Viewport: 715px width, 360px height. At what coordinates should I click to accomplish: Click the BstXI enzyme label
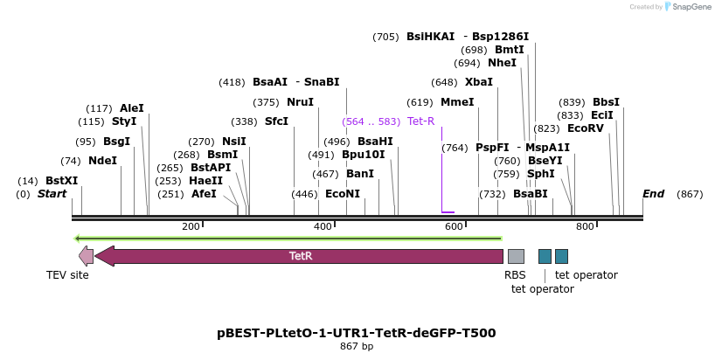coord(61,181)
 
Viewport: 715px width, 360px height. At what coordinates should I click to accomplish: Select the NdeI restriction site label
coord(102,161)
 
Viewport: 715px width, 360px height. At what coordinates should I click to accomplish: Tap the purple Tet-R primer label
coord(420,121)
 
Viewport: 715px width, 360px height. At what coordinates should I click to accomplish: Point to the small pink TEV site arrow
coord(86,256)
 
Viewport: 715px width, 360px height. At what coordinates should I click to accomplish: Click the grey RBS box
coord(516,256)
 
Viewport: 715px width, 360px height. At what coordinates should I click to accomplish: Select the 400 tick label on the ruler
coord(323,227)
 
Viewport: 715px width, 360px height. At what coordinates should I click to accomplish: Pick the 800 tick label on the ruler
coord(585,227)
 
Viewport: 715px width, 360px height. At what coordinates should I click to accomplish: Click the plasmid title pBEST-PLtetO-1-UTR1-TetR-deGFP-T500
coord(357,333)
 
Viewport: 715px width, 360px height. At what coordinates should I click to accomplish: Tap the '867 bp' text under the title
coord(357,347)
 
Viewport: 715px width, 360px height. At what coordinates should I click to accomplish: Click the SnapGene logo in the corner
coord(688,7)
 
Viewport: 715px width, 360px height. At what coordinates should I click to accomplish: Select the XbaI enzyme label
coord(479,82)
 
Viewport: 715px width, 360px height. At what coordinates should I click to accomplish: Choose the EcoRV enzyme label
coord(586,128)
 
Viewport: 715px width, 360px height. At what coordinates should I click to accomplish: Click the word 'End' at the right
coord(653,194)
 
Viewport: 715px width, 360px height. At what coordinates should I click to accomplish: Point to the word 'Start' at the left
coord(52,194)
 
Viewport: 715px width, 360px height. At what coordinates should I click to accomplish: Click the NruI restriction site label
coord(300,102)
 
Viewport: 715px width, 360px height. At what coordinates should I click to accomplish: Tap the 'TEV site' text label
coord(67,275)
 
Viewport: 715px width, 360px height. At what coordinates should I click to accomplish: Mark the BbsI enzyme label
coord(606,102)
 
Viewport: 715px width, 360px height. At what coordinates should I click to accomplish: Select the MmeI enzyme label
coord(457,102)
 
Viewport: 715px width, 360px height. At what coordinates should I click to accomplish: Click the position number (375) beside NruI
coord(266,102)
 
